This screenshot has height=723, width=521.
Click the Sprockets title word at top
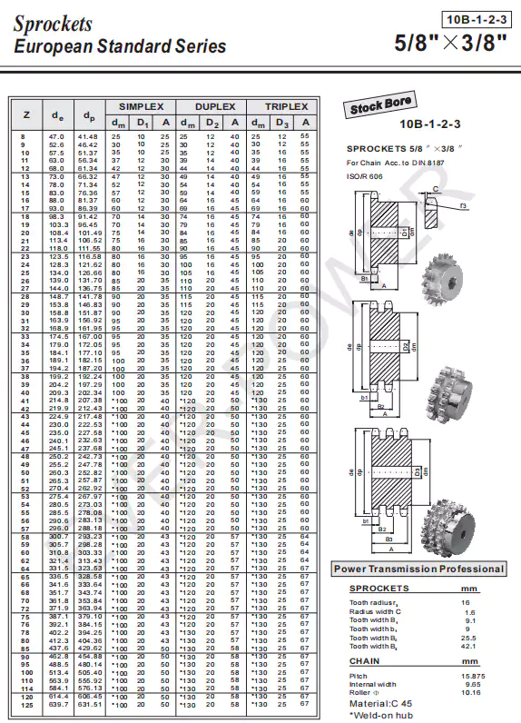(x=53, y=23)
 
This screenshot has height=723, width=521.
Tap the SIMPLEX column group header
(x=141, y=106)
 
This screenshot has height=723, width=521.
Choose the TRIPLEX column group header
(x=285, y=106)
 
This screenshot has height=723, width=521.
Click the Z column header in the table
(x=25, y=114)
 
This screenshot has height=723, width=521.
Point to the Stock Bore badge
(x=381, y=105)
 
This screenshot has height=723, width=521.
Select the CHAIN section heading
(x=365, y=661)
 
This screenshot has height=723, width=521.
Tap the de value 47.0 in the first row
(x=56, y=135)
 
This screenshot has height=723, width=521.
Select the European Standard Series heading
(x=120, y=46)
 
